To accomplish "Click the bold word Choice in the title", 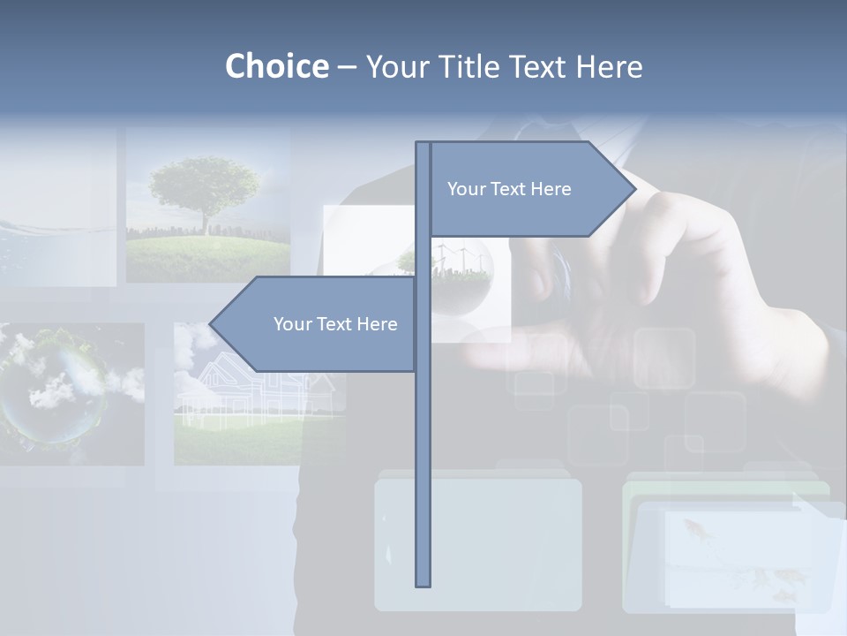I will pyautogui.click(x=276, y=66).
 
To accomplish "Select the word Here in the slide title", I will pyautogui.click(x=610, y=66).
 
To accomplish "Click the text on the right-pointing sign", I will pyautogui.click(x=509, y=189).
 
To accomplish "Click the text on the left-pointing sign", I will pyautogui.click(x=335, y=324).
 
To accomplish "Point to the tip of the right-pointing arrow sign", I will pyautogui.click(x=634, y=188).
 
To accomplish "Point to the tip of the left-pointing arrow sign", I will pyautogui.click(x=211, y=324).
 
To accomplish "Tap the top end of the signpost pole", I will pyautogui.click(x=423, y=143).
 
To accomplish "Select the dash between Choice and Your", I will pyautogui.click(x=347, y=67).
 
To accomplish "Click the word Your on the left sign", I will pyautogui.click(x=291, y=324).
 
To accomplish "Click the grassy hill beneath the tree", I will pyautogui.click(x=207, y=252).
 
